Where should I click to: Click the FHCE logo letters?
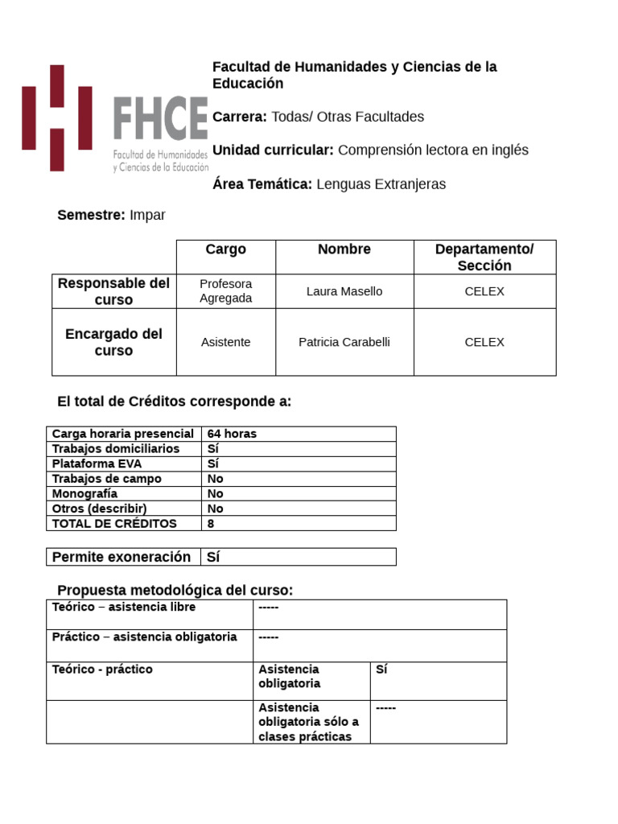coord(160,117)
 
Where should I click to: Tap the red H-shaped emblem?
coord(56,117)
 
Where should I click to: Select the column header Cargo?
coord(225,249)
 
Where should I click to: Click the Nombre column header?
coord(344,249)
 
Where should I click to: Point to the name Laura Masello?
coord(344,291)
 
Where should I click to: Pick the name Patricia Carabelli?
coord(344,342)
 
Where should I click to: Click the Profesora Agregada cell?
coord(225,291)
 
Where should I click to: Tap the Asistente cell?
coord(225,342)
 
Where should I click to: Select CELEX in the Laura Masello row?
coord(484,291)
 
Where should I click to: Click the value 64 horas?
coord(232,434)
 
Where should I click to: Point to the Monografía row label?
coord(84,493)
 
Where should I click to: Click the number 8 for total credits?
coord(211,523)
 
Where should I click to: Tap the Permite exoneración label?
coord(122,557)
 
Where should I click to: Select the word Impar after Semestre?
coord(147,215)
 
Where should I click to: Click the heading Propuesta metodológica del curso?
coord(175,591)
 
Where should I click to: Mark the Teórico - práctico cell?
coord(102,669)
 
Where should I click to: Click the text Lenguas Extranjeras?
coord(381,184)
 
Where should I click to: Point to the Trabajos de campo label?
coord(106,479)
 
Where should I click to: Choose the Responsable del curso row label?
coord(113,291)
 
